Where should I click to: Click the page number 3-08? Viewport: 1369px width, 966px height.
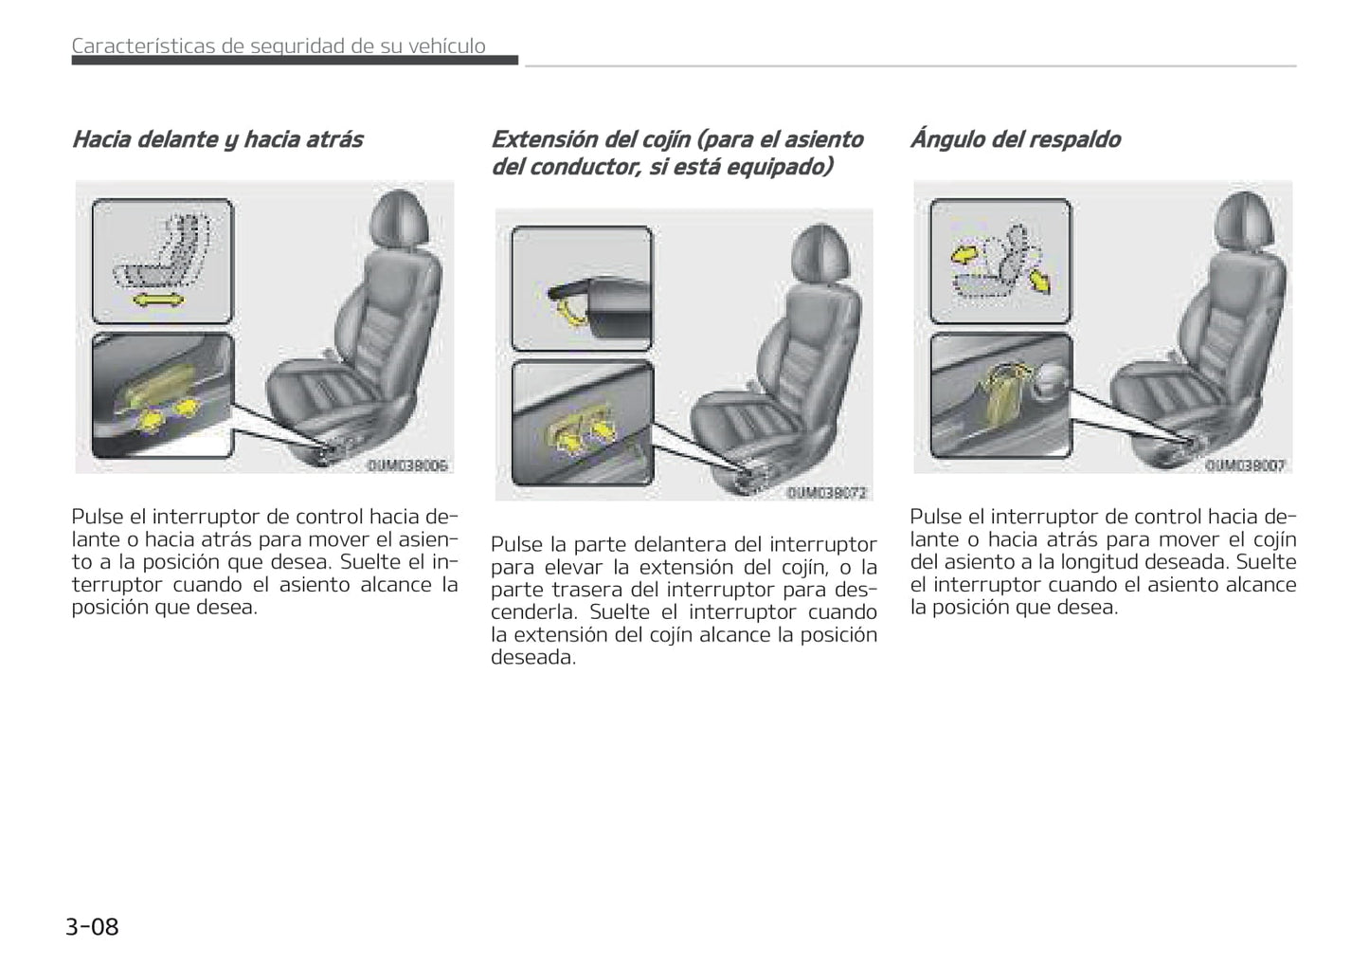click(92, 926)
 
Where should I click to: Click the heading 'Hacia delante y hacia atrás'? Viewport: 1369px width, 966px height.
click(217, 139)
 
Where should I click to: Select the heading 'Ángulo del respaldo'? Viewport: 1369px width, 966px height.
click(1015, 139)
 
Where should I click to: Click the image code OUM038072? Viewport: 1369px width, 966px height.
click(827, 493)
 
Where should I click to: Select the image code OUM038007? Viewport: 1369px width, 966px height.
click(1246, 465)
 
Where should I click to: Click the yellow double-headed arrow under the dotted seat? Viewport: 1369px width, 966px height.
click(158, 301)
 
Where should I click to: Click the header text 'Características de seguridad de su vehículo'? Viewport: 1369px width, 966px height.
click(279, 46)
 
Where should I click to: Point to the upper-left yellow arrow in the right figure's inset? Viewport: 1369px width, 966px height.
click(964, 254)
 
